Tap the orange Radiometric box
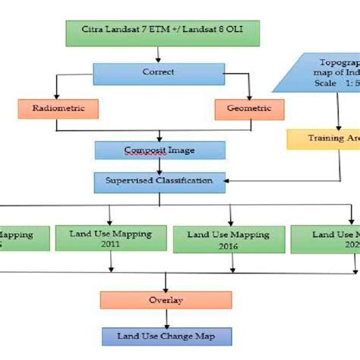coord(54,109)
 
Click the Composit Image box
coord(159,150)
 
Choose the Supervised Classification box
coord(159,181)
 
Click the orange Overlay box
coord(165,299)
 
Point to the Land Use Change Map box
coord(165,336)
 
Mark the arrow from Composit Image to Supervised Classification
coord(159,166)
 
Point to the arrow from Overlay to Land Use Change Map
coord(165,317)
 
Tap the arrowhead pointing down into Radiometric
coord(54,95)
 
